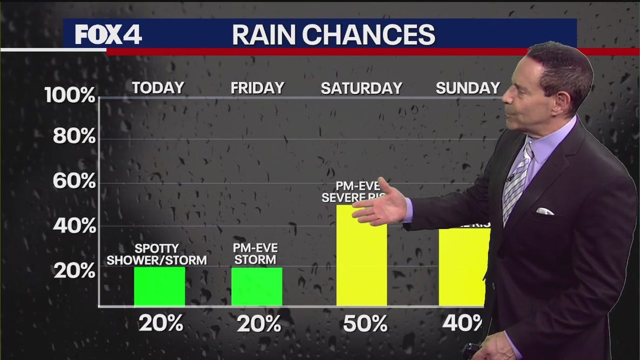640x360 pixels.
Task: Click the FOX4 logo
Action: point(108,35)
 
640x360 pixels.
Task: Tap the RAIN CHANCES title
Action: point(333,35)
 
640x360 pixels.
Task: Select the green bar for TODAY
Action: point(159,286)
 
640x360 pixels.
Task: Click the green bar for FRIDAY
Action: point(257,286)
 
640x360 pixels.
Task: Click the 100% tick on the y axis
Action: point(70,96)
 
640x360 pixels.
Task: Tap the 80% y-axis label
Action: point(74,137)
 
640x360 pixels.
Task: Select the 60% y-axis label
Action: point(74,182)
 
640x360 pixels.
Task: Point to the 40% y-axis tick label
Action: point(74,226)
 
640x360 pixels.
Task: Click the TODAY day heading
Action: point(158,88)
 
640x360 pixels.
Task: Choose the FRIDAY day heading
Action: point(257,88)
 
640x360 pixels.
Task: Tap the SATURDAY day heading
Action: point(361,88)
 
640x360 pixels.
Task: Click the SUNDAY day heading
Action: point(468,88)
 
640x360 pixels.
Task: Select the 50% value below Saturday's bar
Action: point(365,324)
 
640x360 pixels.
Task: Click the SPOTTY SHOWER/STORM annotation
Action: point(157,255)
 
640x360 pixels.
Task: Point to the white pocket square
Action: point(544,211)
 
